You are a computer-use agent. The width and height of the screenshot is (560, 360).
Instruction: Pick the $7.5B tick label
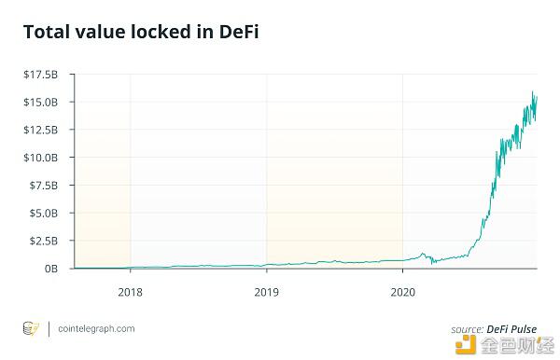click(x=43, y=185)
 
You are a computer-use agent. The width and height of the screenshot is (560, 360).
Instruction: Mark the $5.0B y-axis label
click(x=43, y=213)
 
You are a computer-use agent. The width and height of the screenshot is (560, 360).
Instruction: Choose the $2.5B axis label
click(x=43, y=241)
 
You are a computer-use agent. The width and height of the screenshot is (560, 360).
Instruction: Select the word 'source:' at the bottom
click(x=467, y=328)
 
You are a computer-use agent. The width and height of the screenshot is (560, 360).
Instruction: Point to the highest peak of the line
click(x=533, y=91)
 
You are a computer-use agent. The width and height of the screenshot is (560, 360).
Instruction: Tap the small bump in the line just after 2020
click(x=423, y=254)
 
